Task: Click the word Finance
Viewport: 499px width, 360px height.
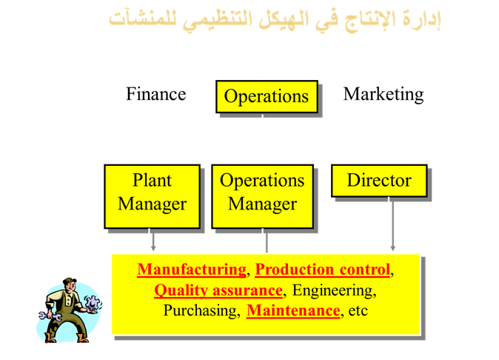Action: point(156,94)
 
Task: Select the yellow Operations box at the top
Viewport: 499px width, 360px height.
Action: point(267,96)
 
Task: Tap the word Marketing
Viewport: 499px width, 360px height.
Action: point(384,95)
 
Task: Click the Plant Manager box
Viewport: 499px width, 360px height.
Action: point(152,196)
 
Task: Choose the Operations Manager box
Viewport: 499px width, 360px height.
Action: point(263,196)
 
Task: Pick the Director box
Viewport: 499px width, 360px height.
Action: point(379,181)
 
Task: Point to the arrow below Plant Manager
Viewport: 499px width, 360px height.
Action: point(153,240)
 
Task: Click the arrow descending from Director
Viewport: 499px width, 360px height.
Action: point(392,224)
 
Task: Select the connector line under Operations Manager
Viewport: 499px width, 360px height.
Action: point(267,241)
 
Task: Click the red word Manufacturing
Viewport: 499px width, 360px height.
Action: point(192,270)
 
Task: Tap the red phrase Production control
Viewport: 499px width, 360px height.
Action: point(323,270)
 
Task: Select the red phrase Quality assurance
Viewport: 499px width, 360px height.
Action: point(218,290)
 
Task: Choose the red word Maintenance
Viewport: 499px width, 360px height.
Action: point(293,310)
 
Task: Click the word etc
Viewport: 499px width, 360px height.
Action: point(358,311)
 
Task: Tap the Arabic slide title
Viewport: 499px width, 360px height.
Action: point(275,20)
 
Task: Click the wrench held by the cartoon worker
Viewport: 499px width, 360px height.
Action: point(50,316)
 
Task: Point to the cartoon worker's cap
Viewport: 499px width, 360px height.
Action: point(70,281)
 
